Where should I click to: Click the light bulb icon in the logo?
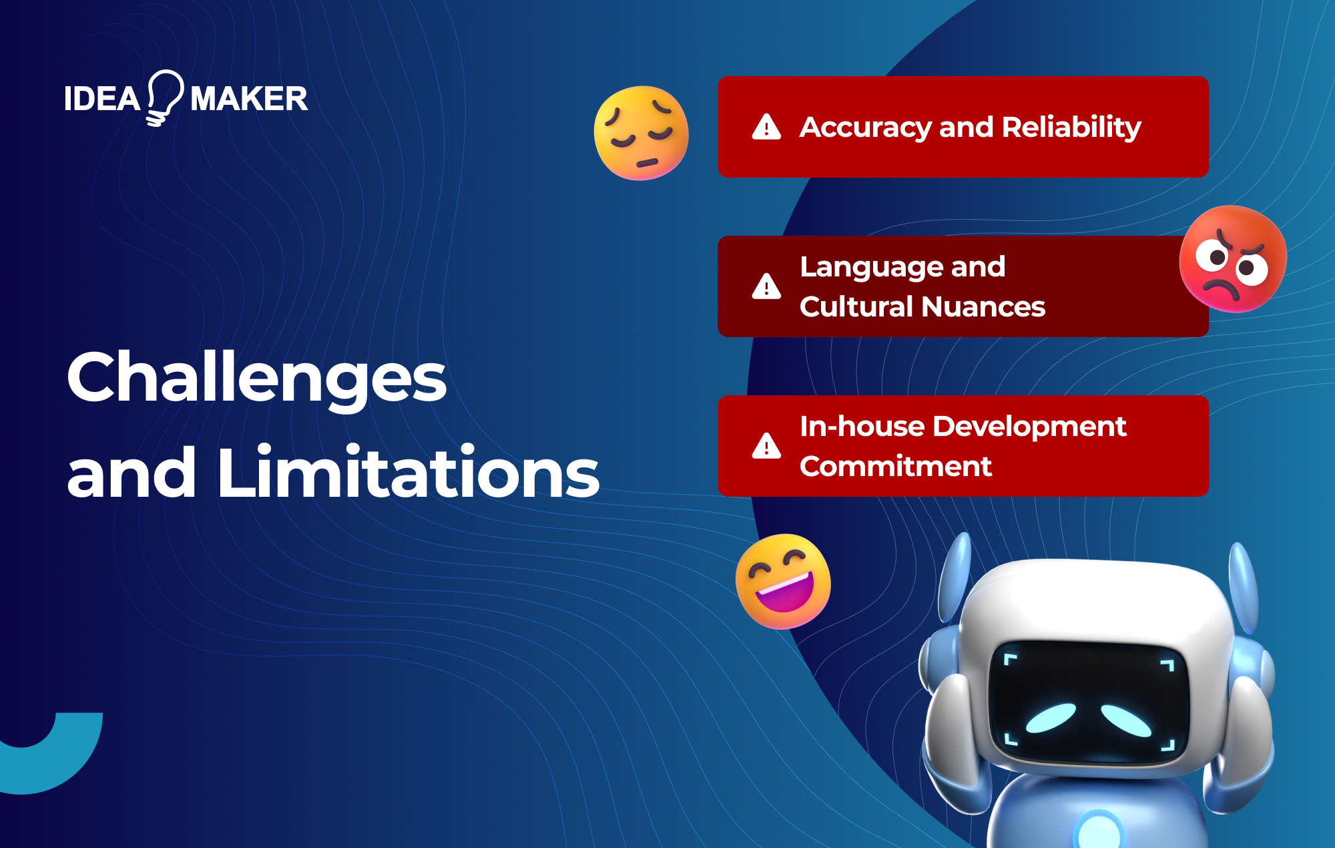click(164, 97)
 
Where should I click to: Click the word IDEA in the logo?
click(102, 99)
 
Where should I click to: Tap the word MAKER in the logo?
click(249, 99)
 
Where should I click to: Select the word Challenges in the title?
click(257, 378)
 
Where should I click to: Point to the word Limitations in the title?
click(408, 473)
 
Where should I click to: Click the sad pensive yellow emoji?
click(641, 133)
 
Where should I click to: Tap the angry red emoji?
click(1232, 259)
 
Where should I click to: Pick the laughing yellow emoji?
click(783, 581)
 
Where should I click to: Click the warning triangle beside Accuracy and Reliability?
click(766, 127)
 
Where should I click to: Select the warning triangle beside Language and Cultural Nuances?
click(766, 286)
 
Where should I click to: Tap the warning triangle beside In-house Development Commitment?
click(766, 446)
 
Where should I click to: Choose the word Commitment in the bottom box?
click(896, 466)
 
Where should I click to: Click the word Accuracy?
click(865, 127)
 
